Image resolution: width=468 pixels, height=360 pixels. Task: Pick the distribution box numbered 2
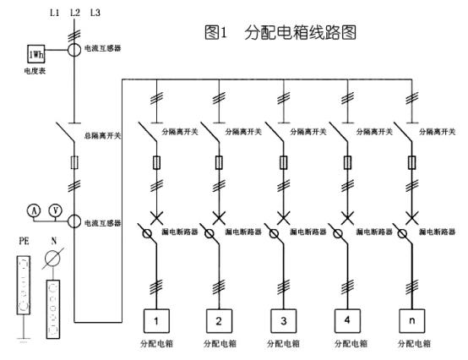pos(220,320)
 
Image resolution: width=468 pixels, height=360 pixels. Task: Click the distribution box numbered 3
pos(283,320)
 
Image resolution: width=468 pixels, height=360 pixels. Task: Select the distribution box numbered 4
pos(347,320)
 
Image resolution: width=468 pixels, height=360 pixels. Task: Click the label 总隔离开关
pos(102,137)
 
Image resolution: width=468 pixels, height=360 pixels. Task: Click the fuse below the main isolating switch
pos(74,161)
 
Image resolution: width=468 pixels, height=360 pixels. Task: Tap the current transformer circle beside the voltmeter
pos(74,221)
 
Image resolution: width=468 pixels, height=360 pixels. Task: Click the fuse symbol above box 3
pos(283,162)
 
